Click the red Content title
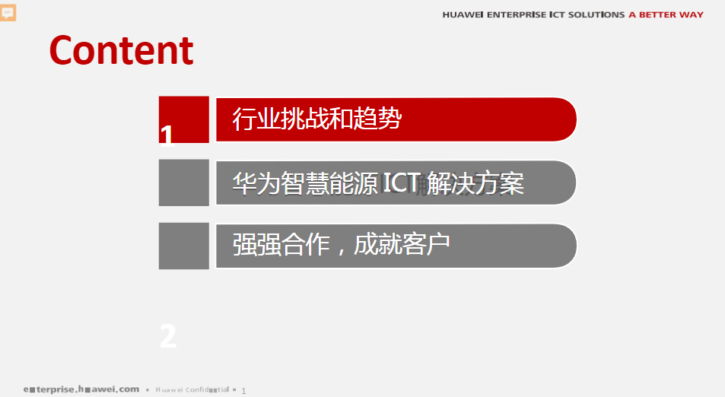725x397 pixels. coord(121,50)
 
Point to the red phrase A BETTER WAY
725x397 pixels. coord(666,15)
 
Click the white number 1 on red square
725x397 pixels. coord(167,135)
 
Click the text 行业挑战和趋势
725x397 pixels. coord(316,119)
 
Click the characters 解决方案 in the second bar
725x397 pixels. coord(475,183)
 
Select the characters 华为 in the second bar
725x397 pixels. coord(256,183)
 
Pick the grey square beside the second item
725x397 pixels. coord(184,183)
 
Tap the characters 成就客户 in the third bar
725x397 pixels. coord(402,245)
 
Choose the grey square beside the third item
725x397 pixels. coord(184,246)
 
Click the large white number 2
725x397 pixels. coord(168,337)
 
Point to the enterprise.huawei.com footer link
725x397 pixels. coord(81,389)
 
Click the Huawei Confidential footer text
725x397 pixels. coord(192,390)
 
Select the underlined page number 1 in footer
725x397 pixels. coord(243,390)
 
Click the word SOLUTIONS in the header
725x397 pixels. coord(593,15)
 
